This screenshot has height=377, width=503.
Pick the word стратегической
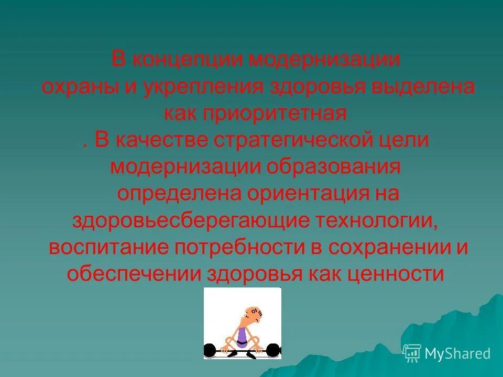[x=282, y=141]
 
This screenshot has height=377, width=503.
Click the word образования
[x=335, y=167]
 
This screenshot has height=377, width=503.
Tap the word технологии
[x=384, y=220]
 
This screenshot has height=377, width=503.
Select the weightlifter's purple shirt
[x=242, y=336]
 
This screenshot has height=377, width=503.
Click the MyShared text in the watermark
[x=457, y=354]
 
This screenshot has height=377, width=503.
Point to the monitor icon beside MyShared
[x=412, y=353]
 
